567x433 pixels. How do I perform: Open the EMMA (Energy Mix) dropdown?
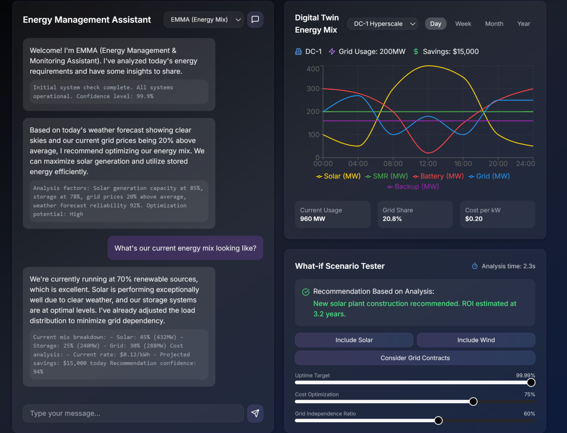(204, 20)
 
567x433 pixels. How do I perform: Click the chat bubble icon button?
(255, 20)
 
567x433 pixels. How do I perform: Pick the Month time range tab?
(494, 24)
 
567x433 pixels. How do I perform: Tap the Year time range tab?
(523, 24)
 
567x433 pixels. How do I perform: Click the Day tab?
(435, 24)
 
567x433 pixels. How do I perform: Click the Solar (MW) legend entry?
(338, 176)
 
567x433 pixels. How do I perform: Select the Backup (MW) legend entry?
(413, 187)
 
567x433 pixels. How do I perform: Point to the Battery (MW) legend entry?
(438, 176)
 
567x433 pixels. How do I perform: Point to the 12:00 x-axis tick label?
(428, 164)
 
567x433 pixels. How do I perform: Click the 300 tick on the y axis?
(313, 89)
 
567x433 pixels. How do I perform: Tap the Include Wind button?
(476, 340)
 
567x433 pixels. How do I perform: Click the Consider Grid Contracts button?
(415, 358)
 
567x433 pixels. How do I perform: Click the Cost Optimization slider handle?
(473, 402)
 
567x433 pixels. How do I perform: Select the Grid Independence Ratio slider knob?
(438, 421)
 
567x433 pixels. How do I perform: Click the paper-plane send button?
(255, 413)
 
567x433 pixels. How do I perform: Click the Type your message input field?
(133, 413)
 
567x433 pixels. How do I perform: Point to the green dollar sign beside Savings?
(416, 52)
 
